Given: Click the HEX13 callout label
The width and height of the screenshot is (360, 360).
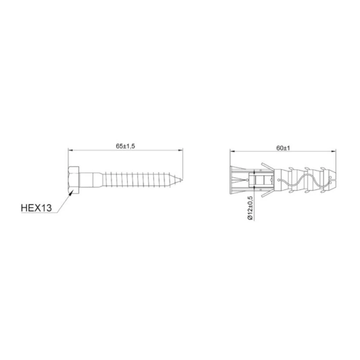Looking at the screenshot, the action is [36, 208].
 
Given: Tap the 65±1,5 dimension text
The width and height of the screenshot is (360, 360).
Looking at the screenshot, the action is [125, 146].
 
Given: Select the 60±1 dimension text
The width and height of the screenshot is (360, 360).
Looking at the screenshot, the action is [283, 148].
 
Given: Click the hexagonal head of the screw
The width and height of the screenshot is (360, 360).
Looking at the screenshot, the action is [74, 180].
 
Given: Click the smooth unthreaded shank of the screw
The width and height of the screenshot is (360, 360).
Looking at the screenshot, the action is [86, 180].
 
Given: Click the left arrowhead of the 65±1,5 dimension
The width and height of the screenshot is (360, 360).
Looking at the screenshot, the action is [70, 151].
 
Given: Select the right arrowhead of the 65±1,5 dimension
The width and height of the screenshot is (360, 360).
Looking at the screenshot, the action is [181, 151].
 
